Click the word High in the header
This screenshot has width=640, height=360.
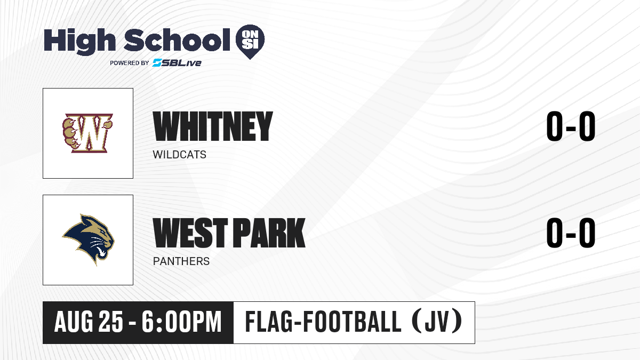coord(80,42)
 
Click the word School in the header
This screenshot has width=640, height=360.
coord(177,39)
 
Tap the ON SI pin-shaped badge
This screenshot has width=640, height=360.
coord(250,42)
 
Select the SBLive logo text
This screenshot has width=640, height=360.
coord(177,63)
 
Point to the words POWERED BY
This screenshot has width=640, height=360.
coord(130,63)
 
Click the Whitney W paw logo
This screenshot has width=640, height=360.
coord(87,133)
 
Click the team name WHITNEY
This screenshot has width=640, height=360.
coord(213,126)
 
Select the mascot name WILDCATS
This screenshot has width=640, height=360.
coord(179,155)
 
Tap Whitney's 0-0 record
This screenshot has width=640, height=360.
coord(571,126)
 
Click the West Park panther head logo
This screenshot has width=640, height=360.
coord(88,239)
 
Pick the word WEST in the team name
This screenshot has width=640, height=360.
coord(190,233)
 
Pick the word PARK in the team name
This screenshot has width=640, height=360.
coord(269,233)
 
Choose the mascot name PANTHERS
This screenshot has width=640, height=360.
coord(181,261)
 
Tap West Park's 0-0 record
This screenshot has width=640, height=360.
coord(571,233)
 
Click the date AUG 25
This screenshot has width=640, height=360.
coord(89,322)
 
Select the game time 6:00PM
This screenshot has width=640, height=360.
coord(182,322)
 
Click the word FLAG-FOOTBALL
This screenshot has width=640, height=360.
coord(323,322)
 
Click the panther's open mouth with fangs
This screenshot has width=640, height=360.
coord(102,251)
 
